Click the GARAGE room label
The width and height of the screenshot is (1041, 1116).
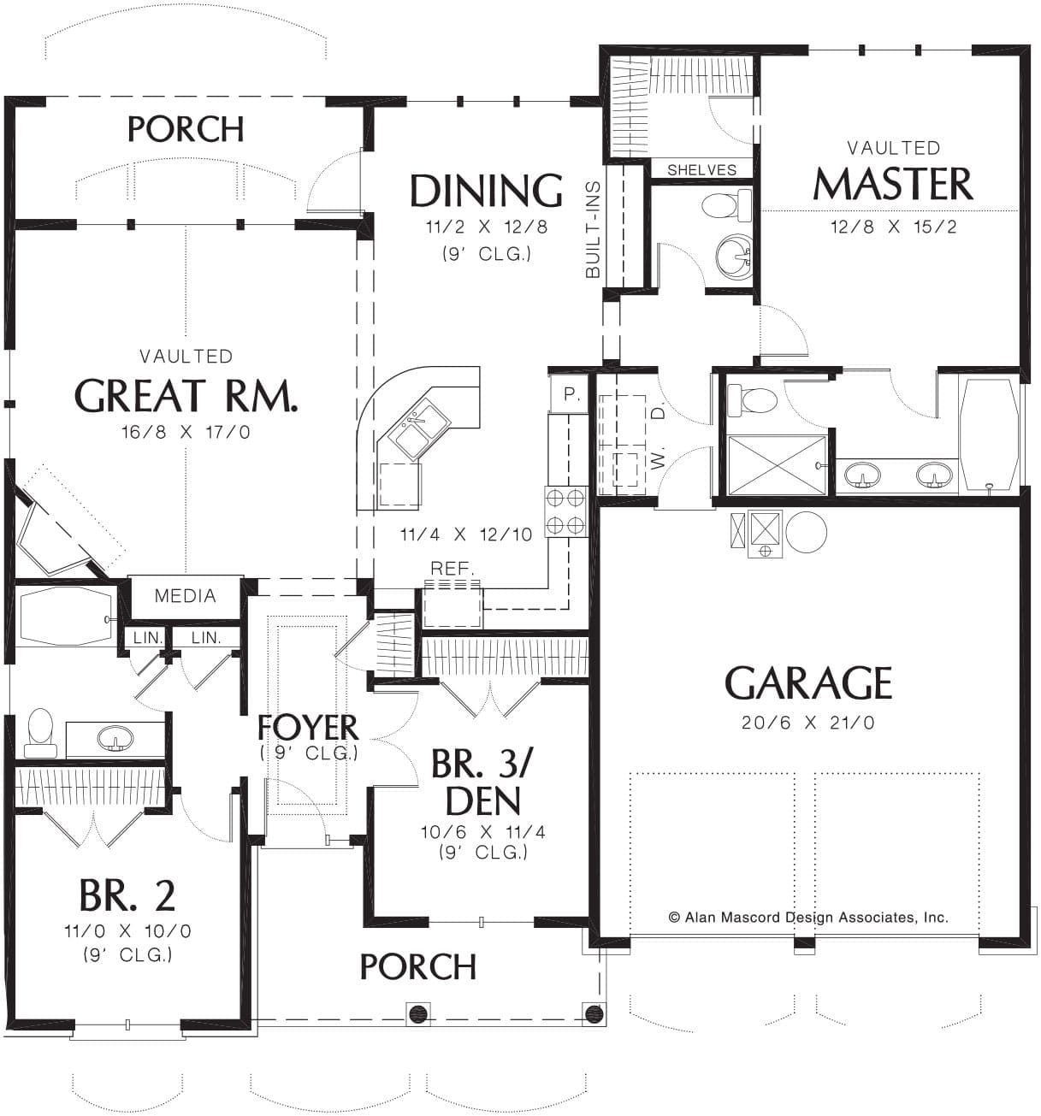click(x=807, y=682)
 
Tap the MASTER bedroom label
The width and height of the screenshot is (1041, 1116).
click(x=893, y=184)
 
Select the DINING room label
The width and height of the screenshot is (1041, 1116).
click(x=486, y=191)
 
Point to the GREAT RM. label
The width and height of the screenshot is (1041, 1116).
click(x=186, y=395)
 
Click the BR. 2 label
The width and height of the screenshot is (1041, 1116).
click(x=127, y=895)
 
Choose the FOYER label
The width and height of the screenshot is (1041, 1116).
click(x=307, y=728)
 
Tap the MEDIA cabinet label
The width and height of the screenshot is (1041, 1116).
click(x=186, y=596)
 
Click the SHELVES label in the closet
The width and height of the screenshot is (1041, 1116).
click(x=701, y=169)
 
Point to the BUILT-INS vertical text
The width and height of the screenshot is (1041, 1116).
click(x=593, y=229)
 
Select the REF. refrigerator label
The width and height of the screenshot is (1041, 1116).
click(x=452, y=568)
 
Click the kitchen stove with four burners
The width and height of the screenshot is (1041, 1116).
click(x=565, y=511)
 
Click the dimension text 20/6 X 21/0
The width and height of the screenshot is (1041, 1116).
click(x=807, y=723)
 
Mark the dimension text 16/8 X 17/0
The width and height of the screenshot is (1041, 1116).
click(x=186, y=432)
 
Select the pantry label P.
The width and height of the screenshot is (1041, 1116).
click(x=571, y=394)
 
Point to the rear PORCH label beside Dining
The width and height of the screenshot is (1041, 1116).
click(x=186, y=129)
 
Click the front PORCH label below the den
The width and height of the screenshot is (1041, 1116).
click(x=417, y=966)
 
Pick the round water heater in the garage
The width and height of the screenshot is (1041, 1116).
click(x=806, y=532)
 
